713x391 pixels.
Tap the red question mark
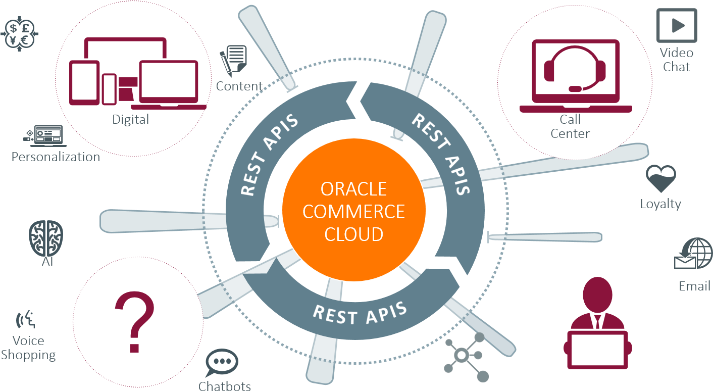click(134, 321)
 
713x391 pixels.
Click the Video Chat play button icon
click(677, 25)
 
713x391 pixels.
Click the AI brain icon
click(46, 237)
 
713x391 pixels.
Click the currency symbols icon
click(20, 34)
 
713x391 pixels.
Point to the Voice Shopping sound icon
click(26, 320)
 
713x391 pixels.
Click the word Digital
click(130, 120)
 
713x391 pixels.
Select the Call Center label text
click(570, 126)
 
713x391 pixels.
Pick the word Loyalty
click(660, 204)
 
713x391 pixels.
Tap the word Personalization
click(56, 157)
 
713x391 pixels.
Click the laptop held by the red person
click(597, 349)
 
